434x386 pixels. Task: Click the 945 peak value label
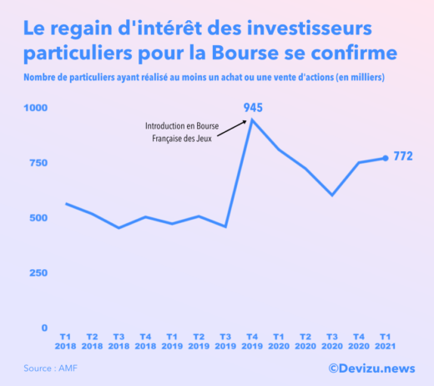(x=254, y=108)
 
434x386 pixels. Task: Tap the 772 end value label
(x=403, y=156)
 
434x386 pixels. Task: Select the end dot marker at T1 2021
(x=385, y=158)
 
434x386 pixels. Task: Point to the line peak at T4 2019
(x=252, y=119)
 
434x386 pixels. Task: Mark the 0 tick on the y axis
(x=45, y=328)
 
